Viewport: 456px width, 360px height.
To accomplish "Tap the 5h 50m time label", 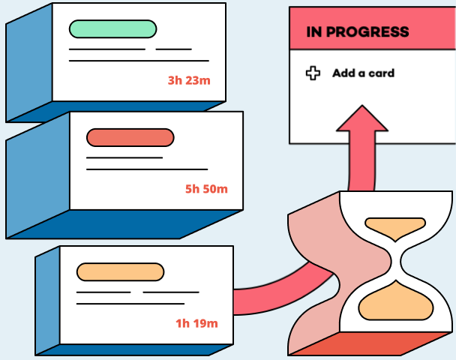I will pos(205,189).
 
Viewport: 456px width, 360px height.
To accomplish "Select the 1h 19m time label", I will pos(196,323).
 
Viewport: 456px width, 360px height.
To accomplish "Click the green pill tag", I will pos(112,28).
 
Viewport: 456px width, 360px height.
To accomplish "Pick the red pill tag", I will pos(130,137).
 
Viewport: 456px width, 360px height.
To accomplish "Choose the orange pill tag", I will pos(120,271).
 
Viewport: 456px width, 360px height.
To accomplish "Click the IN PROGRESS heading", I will pos(358,32).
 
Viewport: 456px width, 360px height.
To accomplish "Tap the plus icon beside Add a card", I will pos(313,73).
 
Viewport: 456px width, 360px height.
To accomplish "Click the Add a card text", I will pos(363,73).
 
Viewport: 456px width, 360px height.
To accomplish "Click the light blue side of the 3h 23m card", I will pos(28,64).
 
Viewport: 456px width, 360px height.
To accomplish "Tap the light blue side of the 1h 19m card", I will pos(46,300).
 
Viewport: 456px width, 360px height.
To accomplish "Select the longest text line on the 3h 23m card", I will pos(139,60).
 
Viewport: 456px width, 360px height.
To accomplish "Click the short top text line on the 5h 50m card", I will pos(124,157).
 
